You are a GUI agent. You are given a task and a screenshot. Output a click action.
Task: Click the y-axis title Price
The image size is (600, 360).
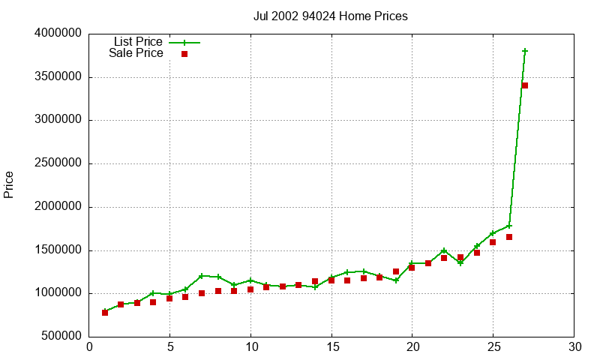pos(9,184)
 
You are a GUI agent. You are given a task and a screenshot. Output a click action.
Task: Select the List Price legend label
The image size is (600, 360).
pos(137,42)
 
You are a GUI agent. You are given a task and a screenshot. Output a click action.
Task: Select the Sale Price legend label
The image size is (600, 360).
pos(136,53)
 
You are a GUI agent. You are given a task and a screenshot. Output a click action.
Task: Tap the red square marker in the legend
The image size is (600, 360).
pos(184,54)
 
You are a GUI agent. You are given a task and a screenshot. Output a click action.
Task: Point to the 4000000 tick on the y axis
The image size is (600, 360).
pos(58,34)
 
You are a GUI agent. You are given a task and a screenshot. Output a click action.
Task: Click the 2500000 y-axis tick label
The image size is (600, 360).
pos(58,163)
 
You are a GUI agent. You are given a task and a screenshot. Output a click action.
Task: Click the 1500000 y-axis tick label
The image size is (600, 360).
pos(58,250)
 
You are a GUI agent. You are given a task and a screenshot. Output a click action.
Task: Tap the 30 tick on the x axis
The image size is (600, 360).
pos(574,347)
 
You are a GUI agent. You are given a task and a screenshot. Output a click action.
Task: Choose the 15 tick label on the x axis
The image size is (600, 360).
pos(331,347)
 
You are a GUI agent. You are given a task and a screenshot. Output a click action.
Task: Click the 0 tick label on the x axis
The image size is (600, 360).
pos(89,347)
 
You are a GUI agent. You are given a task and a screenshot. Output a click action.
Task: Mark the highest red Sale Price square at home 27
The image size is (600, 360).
pos(525,85)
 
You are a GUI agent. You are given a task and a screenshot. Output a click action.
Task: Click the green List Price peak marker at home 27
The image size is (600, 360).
pos(525,51)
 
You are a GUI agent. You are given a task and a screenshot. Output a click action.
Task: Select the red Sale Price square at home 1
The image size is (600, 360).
pos(105,312)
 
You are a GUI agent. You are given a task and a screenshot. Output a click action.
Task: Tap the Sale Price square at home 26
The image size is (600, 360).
pos(509,237)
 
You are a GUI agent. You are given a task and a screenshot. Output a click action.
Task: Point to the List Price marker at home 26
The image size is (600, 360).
pos(509,226)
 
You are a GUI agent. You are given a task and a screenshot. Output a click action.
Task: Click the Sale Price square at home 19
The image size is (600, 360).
pos(396,271)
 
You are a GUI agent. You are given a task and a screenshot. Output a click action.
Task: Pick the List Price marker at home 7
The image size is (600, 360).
pos(202,276)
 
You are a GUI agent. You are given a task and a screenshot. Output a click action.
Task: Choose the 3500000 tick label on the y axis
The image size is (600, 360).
pos(58,77)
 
